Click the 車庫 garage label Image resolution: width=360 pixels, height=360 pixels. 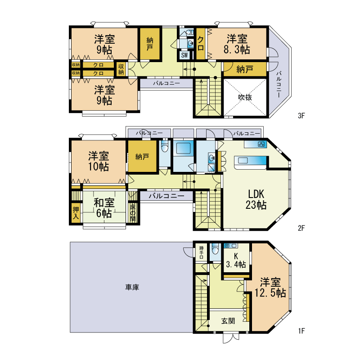click(132, 287)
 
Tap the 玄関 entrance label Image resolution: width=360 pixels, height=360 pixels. click(228, 321)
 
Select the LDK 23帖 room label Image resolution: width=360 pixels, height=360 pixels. click(256, 199)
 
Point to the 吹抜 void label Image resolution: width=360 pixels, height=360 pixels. click(245, 97)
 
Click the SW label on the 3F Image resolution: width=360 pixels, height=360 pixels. click(184, 55)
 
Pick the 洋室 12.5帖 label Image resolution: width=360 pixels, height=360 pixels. click(270, 288)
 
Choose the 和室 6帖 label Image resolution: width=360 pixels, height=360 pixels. click(104, 208)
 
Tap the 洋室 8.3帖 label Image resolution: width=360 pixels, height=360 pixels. click(237, 44)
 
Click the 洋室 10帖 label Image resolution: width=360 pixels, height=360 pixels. click(99, 161)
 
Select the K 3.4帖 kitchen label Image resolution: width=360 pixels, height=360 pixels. click(236, 261)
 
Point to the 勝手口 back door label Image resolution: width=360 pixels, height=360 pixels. click(201, 252)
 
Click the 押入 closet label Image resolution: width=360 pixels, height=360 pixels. click(76, 212)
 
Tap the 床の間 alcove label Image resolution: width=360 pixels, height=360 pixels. click(133, 212)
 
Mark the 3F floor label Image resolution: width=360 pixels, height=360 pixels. click(301, 116)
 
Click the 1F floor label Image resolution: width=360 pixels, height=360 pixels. click(301, 331)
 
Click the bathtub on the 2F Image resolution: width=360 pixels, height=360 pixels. click(183, 148)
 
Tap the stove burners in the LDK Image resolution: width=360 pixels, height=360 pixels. click(261, 144)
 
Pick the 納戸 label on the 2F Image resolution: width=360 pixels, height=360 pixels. click(142, 157)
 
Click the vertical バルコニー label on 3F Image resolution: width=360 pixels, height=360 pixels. click(279, 84)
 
